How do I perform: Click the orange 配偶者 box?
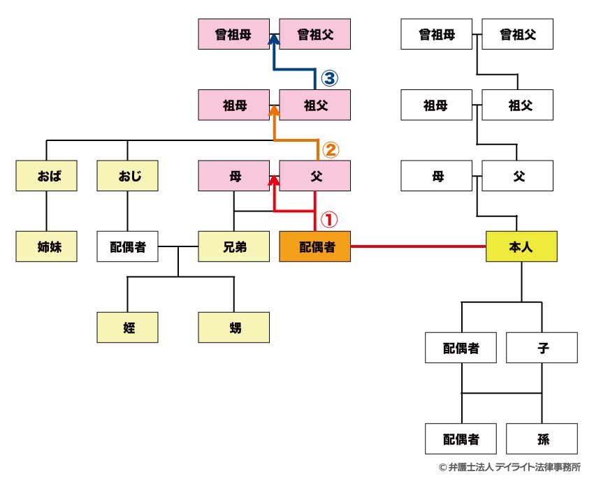[x=314, y=246]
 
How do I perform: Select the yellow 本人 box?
[x=521, y=246]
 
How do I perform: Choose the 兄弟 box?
[x=233, y=246]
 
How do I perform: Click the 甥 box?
[x=233, y=327]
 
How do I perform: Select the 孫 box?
[x=542, y=439]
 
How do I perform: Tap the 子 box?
[x=542, y=348]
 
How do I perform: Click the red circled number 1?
[x=328, y=219]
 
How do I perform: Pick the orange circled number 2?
[x=328, y=149]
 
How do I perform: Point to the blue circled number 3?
[x=328, y=78]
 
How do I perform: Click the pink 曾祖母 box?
[x=233, y=34]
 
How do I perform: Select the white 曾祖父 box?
[x=518, y=34]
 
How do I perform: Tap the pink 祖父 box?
[x=314, y=105]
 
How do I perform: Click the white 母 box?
[x=437, y=176]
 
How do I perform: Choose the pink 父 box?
[x=314, y=176]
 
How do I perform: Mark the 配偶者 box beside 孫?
[x=461, y=439]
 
